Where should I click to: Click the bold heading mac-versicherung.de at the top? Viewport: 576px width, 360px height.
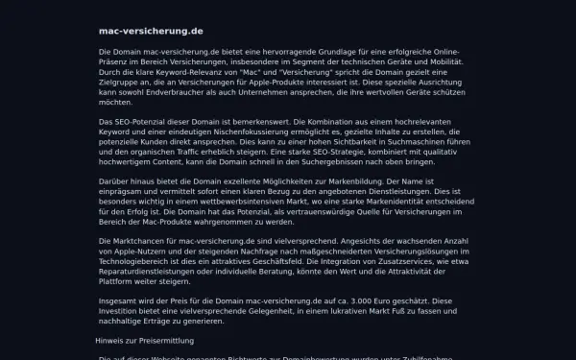point(151,32)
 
